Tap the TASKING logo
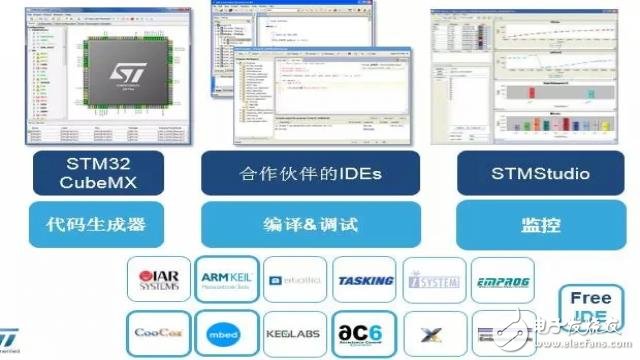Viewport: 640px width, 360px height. [x=365, y=281]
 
